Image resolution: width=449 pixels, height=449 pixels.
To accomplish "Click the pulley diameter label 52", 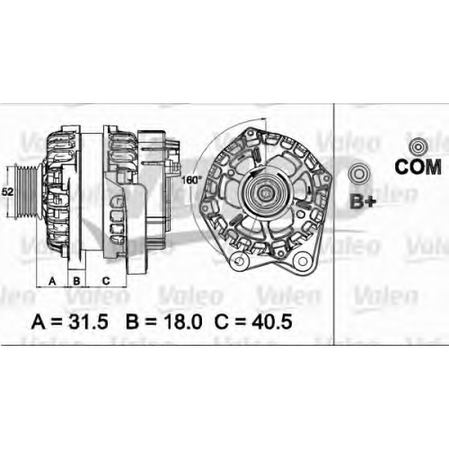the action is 7,191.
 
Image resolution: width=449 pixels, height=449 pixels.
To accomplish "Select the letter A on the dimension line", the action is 52,281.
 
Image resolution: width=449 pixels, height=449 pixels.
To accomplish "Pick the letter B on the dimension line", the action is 76,281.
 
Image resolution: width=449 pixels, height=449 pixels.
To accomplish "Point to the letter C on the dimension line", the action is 106,281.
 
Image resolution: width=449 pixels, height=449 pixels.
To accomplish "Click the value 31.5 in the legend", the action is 88,321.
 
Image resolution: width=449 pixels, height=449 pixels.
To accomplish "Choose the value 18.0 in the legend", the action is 182,321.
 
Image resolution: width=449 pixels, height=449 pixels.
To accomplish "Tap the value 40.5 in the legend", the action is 272,321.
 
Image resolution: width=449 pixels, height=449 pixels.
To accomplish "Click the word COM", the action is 418,167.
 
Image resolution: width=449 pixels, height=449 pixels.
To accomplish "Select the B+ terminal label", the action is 363,201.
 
